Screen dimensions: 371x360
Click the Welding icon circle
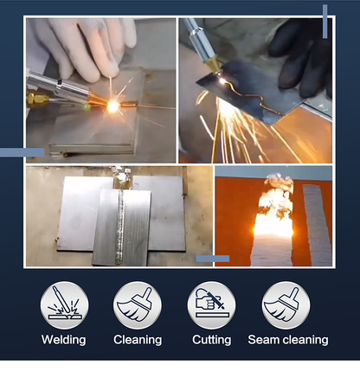[64, 304]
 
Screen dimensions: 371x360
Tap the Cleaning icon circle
[138, 304]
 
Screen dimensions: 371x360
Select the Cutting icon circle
[211, 304]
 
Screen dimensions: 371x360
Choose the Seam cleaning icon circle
[287, 304]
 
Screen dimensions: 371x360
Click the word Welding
[64, 340]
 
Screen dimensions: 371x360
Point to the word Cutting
[211, 340]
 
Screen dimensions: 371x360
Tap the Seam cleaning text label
[287, 340]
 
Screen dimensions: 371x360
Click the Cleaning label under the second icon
[138, 340]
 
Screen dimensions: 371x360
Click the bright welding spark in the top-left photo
[113, 106]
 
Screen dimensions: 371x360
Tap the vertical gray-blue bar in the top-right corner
[325, 22]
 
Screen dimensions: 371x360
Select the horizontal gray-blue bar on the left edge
[22, 153]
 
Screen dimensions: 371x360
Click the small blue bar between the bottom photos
[213, 258]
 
